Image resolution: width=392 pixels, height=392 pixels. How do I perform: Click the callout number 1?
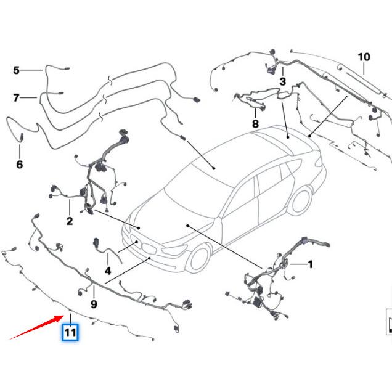click(x=311, y=264)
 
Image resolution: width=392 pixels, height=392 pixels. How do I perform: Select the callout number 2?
click(x=70, y=221)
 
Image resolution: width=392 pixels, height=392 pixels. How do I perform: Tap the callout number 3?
click(x=283, y=81)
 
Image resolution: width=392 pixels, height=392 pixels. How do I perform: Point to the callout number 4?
click(x=107, y=271)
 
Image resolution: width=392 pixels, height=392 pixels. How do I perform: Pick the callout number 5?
click(x=16, y=70)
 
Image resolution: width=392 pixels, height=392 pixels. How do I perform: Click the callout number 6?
click(x=19, y=165)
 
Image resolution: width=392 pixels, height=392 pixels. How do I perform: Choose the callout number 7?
click(x=16, y=97)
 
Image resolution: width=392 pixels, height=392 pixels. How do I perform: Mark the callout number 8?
click(x=255, y=124)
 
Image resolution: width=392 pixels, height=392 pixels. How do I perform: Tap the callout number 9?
click(x=94, y=304)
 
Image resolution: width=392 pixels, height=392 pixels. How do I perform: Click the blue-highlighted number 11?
click(x=70, y=333)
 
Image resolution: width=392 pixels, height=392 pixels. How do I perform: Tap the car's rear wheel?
click(x=300, y=202)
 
